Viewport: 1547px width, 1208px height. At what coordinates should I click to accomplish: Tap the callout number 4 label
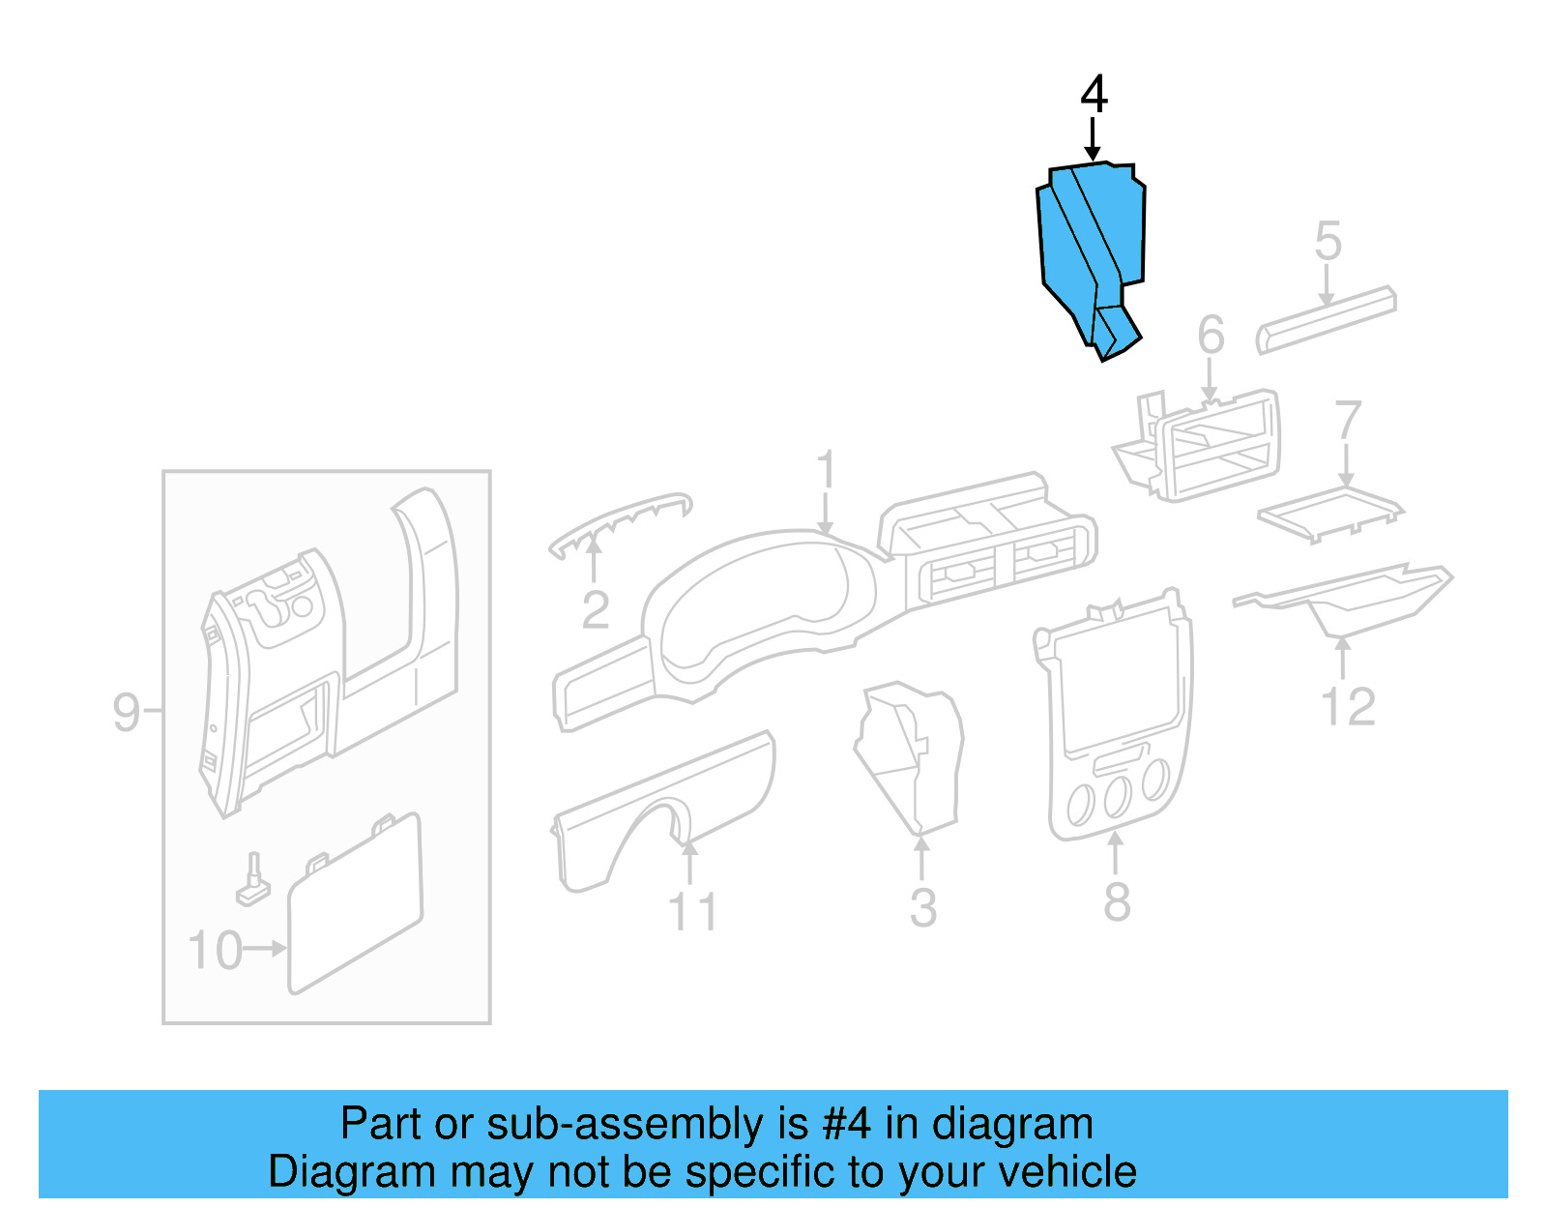[x=1094, y=95]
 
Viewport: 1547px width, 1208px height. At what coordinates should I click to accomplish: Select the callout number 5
[x=1328, y=241]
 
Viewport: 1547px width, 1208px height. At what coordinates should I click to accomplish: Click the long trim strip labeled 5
[x=1326, y=318]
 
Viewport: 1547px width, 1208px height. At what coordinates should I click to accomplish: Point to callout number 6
[x=1211, y=336]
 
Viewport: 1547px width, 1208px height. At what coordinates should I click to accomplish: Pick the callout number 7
[x=1347, y=421]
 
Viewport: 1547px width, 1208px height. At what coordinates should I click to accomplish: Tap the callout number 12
[x=1348, y=707]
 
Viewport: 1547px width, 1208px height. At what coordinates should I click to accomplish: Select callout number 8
[x=1117, y=902]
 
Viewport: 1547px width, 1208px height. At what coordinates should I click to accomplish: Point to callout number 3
[x=923, y=908]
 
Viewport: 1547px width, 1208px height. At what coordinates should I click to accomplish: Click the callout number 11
[x=692, y=912]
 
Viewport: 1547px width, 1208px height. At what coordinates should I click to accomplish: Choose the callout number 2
[x=596, y=610]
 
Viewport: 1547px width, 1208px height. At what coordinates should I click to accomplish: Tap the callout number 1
[x=825, y=470]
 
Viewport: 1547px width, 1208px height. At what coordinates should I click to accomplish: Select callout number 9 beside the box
[x=127, y=713]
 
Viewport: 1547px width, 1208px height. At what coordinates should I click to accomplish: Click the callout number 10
[x=215, y=951]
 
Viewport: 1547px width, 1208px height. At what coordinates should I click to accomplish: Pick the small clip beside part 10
[x=253, y=881]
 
